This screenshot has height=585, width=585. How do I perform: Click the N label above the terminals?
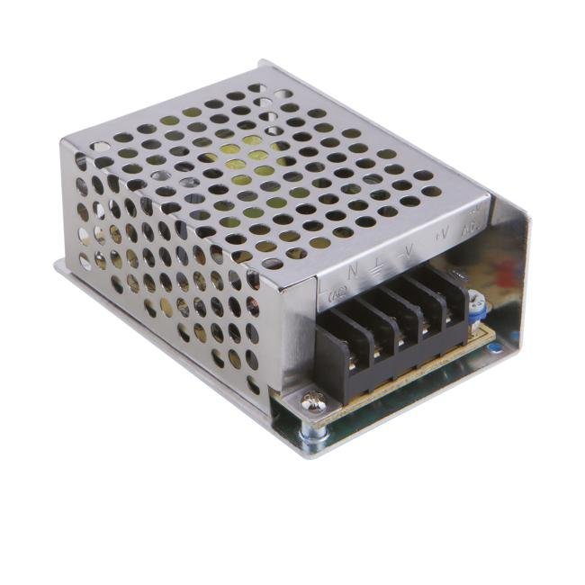point(353,267)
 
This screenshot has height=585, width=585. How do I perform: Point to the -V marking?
point(409,249)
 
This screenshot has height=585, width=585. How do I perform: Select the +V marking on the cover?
point(442,236)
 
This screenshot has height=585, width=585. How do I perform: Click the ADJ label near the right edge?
point(470,226)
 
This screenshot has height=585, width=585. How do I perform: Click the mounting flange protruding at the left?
point(60,266)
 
